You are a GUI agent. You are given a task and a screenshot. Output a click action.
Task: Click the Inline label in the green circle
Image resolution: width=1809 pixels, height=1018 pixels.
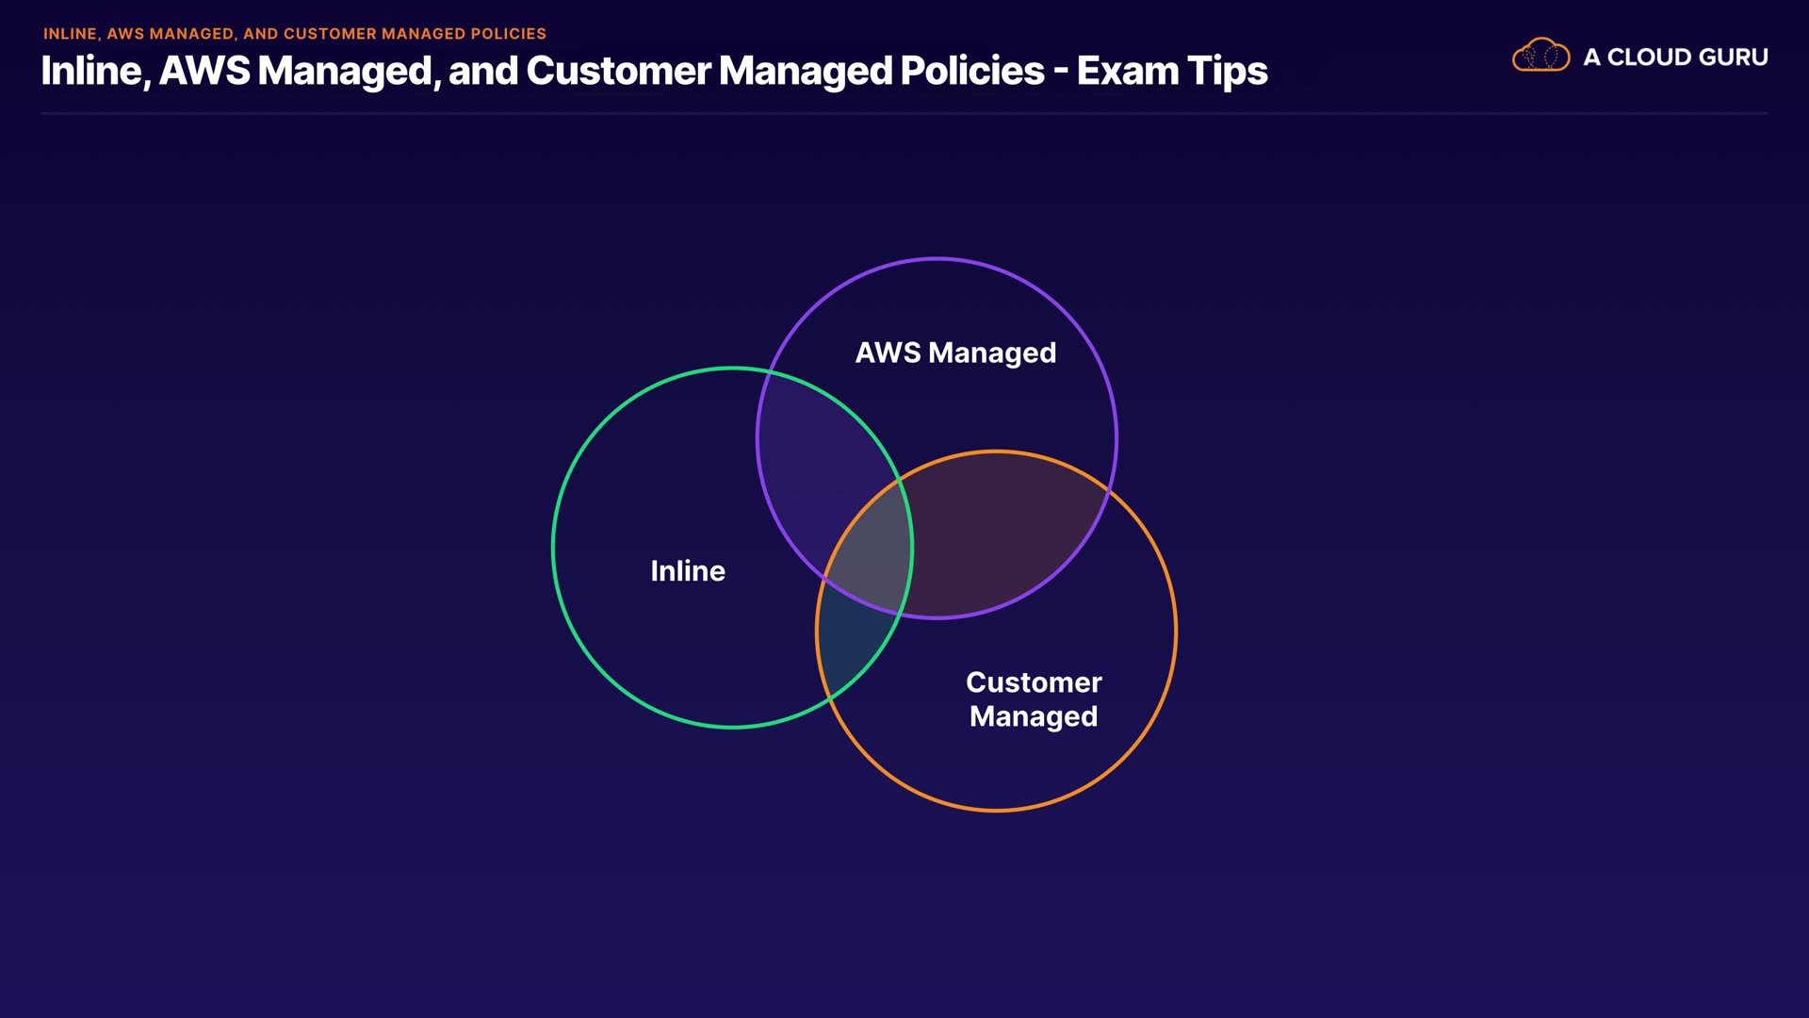tap(688, 571)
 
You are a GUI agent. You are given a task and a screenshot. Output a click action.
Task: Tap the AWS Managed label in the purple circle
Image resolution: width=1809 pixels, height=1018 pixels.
tap(955, 353)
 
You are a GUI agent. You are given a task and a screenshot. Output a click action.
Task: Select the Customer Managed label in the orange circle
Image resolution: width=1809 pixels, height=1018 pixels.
tap(1034, 699)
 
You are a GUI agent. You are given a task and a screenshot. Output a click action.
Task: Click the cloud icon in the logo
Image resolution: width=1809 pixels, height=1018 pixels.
tap(1540, 57)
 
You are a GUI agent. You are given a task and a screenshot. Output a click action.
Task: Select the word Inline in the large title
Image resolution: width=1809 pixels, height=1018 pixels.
tap(91, 72)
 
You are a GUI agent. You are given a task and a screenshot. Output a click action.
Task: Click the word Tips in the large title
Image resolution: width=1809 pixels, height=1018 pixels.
tap(1227, 72)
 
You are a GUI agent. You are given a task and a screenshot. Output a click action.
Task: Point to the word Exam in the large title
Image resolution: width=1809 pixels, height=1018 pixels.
tap(1127, 72)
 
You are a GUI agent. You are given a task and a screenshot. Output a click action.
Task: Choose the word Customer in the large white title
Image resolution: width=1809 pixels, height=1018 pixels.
tap(618, 72)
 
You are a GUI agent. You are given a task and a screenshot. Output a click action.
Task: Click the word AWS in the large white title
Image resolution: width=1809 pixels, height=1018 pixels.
tap(204, 72)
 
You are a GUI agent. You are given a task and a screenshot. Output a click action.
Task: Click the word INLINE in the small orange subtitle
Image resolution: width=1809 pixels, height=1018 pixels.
tap(71, 34)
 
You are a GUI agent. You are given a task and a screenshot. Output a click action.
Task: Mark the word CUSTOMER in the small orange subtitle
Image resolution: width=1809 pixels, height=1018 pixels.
tap(330, 34)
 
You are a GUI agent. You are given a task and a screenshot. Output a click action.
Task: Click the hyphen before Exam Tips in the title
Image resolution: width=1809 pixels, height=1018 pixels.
tap(1061, 72)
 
